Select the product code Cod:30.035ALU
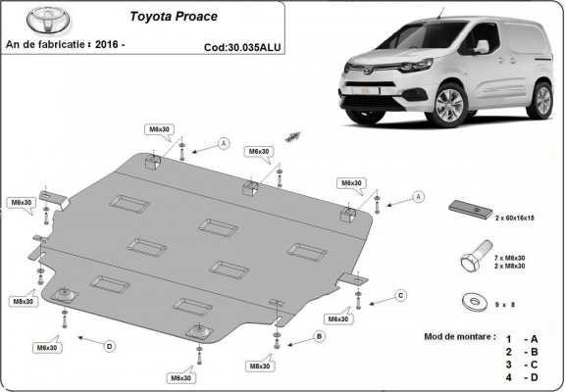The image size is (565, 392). [236, 45]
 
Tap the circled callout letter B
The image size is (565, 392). [319, 336]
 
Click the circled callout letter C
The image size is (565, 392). [401, 295]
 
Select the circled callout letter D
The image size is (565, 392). [110, 345]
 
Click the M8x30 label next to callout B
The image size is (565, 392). [260, 366]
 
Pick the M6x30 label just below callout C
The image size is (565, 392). [338, 319]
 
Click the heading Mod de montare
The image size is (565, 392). [457, 336]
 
